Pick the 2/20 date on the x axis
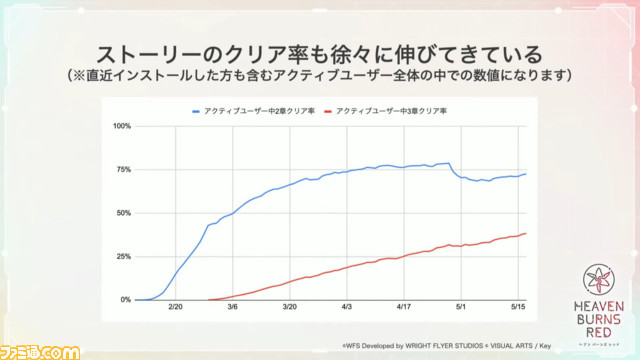click(176, 311)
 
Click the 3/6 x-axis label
click(233, 311)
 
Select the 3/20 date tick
click(290, 311)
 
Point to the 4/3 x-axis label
click(347, 311)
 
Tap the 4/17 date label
click(404, 311)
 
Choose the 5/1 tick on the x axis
click(461, 311)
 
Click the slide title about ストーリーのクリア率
click(319, 52)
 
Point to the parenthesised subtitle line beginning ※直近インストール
click(319, 75)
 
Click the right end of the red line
click(526, 234)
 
